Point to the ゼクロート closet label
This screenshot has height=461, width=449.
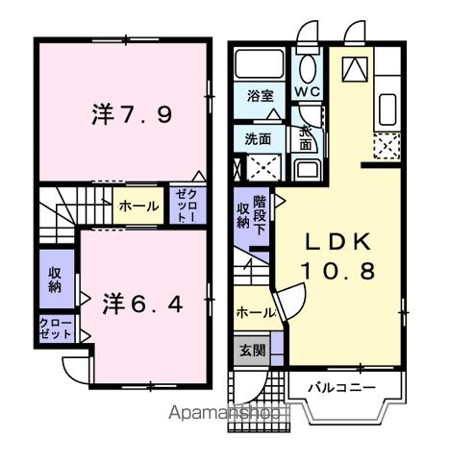(186, 205)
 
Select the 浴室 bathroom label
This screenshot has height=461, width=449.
(260, 97)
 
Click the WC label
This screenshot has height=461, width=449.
(308, 92)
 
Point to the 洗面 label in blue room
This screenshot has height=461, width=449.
(258, 137)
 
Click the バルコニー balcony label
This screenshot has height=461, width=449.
(341, 388)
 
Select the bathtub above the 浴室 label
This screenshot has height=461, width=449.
(260, 65)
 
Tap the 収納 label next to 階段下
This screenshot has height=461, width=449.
(244, 216)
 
